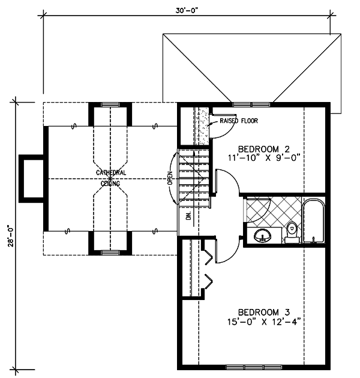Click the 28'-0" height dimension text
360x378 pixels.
tap(11, 236)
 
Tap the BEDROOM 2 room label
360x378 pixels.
tap(264, 149)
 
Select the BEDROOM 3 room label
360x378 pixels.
tap(264, 312)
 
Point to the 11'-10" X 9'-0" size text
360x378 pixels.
tap(264, 158)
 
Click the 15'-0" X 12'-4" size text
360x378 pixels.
tap(264, 322)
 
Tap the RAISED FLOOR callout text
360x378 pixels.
tap(238, 121)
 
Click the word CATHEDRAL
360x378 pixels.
tap(111, 173)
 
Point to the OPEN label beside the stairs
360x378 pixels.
tap(170, 178)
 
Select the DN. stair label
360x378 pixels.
tap(188, 216)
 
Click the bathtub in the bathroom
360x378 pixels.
tap(313, 221)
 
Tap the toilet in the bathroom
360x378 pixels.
tap(292, 232)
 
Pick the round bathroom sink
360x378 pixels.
tap(262, 235)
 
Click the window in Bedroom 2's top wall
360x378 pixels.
tap(251, 104)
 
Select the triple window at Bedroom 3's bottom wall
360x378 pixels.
tap(254, 367)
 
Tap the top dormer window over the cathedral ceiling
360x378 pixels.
tap(110, 104)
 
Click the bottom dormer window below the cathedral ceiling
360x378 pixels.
tap(110, 253)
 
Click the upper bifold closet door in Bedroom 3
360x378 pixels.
tap(209, 257)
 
